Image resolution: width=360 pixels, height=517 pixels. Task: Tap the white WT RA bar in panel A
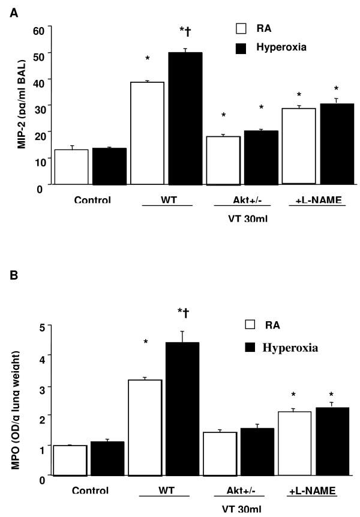[x=147, y=133]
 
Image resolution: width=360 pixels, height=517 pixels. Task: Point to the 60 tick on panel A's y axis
[x=39, y=29]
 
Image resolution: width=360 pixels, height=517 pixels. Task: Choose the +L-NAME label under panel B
[x=310, y=491]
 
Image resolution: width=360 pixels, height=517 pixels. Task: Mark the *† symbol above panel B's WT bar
[x=182, y=312]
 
